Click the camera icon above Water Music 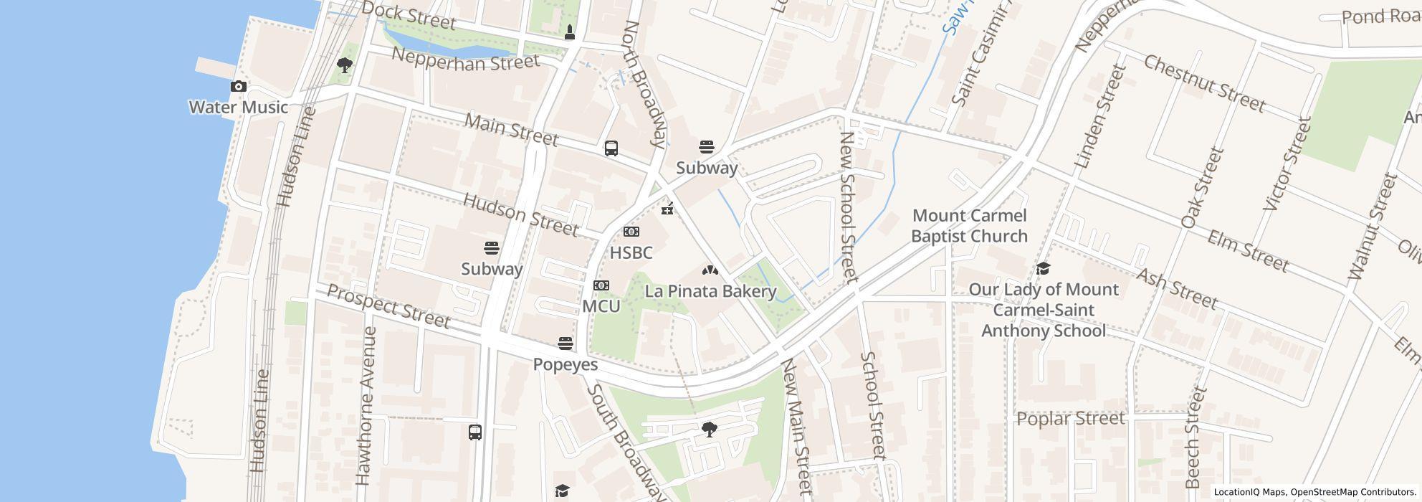[238, 86]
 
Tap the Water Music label [238, 108]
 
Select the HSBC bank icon [631, 232]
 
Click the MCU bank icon [601, 285]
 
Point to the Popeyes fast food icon [565, 344]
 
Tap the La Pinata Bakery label [710, 291]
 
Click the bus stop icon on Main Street [611, 148]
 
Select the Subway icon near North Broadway [706, 147]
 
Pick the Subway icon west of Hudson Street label [491, 248]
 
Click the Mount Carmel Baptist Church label [969, 226]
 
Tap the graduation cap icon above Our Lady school [1043, 269]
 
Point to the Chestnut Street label [1203, 84]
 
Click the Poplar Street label [1070, 419]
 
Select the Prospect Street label [388, 306]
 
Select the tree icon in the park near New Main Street [709, 430]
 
